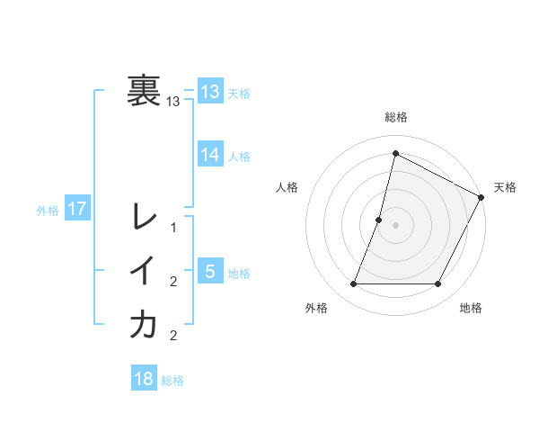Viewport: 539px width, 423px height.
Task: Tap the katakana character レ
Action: click(144, 217)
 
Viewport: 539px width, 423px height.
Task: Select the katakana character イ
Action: click(144, 271)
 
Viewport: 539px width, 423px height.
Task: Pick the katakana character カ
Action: click(144, 325)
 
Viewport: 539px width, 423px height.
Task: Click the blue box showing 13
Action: click(210, 91)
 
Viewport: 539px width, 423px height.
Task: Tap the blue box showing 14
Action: click(210, 155)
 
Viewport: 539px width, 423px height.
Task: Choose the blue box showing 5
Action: click(210, 271)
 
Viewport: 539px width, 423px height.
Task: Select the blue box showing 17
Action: click(77, 210)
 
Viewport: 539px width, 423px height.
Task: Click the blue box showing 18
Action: click(144, 379)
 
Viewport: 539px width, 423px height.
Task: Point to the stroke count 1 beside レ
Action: click(173, 227)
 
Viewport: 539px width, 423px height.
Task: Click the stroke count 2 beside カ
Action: click(173, 336)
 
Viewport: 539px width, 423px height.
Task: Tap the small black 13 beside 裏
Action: click(173, 102)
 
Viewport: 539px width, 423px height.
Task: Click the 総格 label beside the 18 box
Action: click(172, 381)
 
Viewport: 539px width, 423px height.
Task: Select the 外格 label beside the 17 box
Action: click(48, 211)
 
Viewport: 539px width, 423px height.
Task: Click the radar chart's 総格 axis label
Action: click(395, 117)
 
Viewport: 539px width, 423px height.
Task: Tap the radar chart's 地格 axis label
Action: click(471, 308)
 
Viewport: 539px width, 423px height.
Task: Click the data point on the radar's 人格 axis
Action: click(379, 220)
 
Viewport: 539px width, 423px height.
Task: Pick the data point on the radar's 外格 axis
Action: click(353, 283)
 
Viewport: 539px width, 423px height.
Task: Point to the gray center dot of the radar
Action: click(395, 225)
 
